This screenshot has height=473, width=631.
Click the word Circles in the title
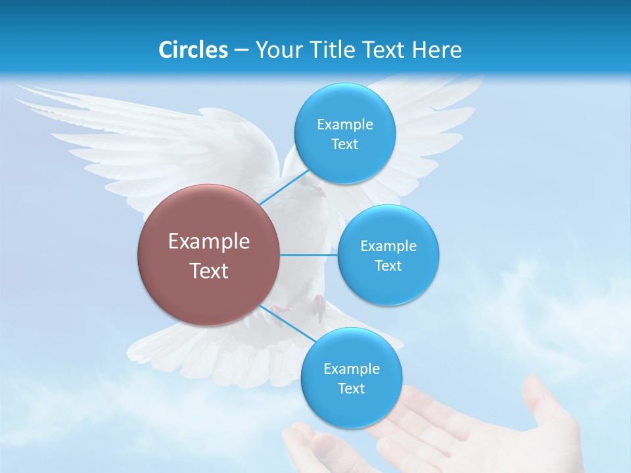193,50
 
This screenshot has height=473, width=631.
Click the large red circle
208,255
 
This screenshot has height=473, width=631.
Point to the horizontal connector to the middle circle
309,255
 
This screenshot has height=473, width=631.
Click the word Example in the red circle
208,242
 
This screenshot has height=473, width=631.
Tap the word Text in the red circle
208,271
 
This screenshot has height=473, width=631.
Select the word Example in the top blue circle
344,125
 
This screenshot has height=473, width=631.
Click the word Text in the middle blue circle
388,266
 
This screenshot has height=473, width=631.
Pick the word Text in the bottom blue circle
351,389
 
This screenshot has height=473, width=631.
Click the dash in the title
241,50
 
